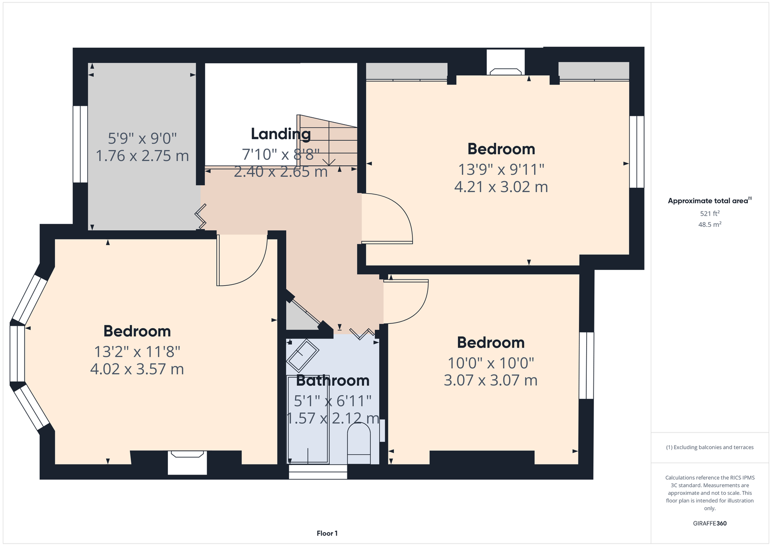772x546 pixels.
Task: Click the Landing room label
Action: click(x=280, y=134)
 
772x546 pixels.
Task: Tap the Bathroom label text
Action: click(x=332, y=380)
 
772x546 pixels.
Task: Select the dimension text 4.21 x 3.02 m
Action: click(x=501, y=187)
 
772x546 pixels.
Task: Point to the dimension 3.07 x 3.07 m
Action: click(x=490, y=380)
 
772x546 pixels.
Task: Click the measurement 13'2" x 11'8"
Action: click(x=137, y=352)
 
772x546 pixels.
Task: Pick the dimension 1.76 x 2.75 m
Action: click(x=142, y=156)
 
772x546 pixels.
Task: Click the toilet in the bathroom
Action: click(x=359, y=443)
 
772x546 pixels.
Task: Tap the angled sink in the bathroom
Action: click(x=303, y=356)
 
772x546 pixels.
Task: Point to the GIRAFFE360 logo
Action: click(x=710, y=523)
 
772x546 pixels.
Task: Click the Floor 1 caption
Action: click(x=327, y=533)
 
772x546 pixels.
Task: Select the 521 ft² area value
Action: click(x=710, y=213)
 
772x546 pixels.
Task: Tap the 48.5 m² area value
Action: click(x=710, y=224)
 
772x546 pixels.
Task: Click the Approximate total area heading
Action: click(x=710, y=201)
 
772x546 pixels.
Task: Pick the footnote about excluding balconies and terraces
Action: click(x=710, y=448)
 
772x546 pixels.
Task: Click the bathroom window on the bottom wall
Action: click(x=318, y=472)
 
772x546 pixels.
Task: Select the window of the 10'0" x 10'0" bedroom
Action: click(x=586, y=365)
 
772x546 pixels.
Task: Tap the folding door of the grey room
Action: click(x=201, y=216)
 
